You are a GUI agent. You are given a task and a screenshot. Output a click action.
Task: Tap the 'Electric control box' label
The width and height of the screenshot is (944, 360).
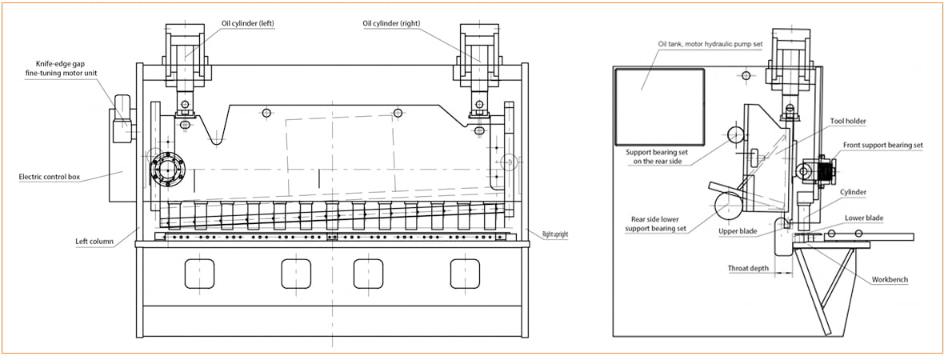pos(50,177)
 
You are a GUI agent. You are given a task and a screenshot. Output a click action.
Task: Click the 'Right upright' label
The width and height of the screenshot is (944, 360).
pos(555,234)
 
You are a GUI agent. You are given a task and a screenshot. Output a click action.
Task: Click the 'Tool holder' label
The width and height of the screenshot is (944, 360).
pos(848,121)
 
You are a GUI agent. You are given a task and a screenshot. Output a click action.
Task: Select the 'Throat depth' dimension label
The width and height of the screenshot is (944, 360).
pos(748,269)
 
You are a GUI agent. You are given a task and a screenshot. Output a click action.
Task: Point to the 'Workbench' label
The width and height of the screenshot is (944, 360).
pos(890,280)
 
